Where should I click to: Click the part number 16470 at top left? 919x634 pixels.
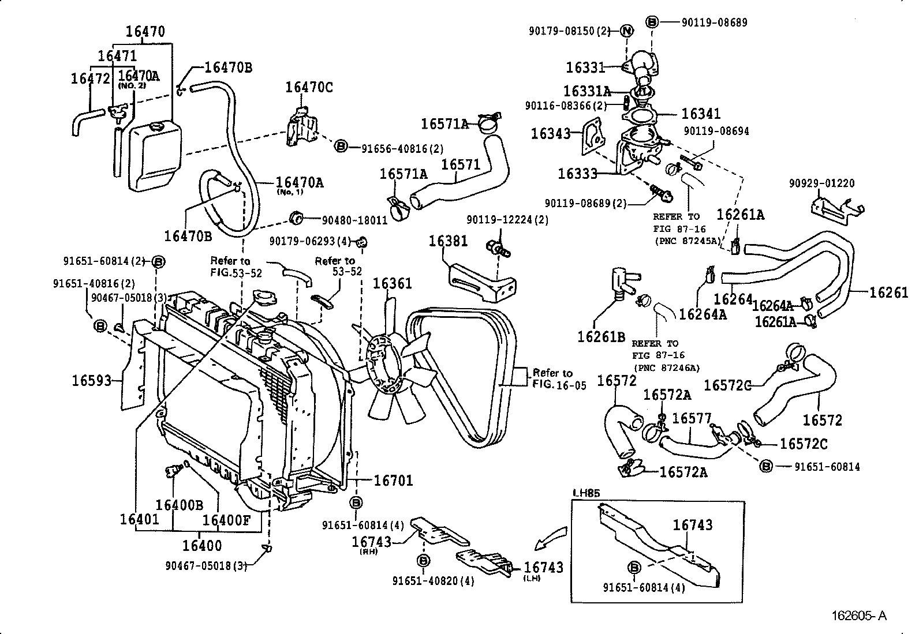click(x=145, y=31)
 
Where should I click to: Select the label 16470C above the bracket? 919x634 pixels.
click(x=309, y=87)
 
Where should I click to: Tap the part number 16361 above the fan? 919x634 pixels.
click(x=392, y=283)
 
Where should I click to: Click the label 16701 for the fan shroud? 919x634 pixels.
click(x=393, y=480)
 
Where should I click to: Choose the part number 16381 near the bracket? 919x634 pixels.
click(x=448, y=241)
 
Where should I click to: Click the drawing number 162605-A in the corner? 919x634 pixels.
click(x=858, y=616)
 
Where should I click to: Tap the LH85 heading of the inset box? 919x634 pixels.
click(x=586, y=493)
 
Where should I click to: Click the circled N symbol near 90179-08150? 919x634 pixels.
click(x=627, y=31)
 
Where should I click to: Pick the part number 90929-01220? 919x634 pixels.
click(x=822, y=183)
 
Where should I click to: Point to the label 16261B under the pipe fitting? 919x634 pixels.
click(x=601, y=336)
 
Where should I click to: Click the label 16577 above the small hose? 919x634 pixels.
click(x=692, y=418)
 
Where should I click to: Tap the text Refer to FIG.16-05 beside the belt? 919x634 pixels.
click(x=553, y=379)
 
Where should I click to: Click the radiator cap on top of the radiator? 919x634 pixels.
click(x=266, y=298)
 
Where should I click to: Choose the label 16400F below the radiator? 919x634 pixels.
click(x=226, y=520)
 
